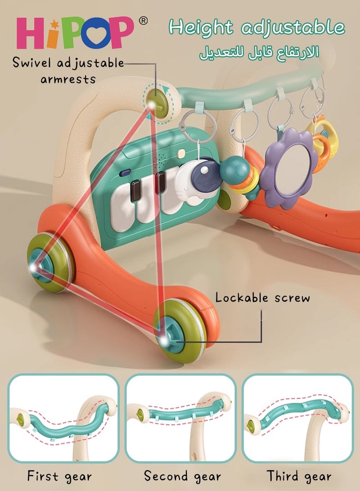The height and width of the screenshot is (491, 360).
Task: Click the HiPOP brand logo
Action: pyautogui.click(x=75, y=33)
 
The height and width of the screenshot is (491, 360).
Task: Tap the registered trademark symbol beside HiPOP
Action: pyautogui.click(x=143, y=21)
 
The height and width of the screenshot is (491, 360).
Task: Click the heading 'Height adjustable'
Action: pyautogui.click(x=256, y=27)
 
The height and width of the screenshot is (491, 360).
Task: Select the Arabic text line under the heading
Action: pyautogui.click(x=259, y=53)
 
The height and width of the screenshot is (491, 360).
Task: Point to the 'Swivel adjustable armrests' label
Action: pyautogui.click(x=68, y=71)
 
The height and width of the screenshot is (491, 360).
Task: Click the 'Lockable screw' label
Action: pyautogui.click(x=262, y=297)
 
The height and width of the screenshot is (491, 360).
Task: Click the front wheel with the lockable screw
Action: pyautogui.click(x=179, y=331)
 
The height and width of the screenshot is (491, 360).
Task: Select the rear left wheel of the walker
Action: pyautogui.click(x=50, y=262)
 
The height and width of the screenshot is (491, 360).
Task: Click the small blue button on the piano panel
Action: pyautogui.click(x=125, y=172)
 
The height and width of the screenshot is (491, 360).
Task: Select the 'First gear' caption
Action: pyautogui.click(x=59, y=477)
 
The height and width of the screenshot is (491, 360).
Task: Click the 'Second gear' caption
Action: pyautogui.click(x=182, y=477)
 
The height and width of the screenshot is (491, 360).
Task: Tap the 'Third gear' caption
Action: pyautogui.click(x=299, y=477)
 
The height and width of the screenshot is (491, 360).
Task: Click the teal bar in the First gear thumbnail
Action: pyautogui.click(x=69, y=424)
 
